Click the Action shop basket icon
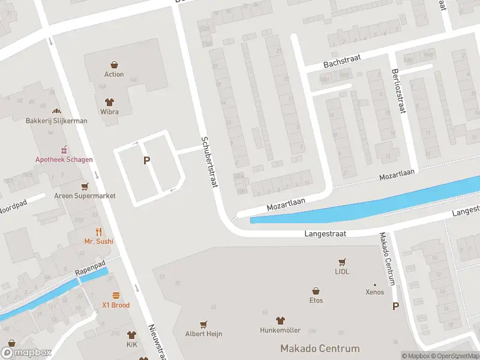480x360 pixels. [x=114, y=64]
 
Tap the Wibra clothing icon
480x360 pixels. [x=109, y=101]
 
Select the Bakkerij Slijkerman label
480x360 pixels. [x=56, y=121]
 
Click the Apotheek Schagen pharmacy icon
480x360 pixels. [x=63, y=149]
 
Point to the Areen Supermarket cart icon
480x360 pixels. [x=85, y=186]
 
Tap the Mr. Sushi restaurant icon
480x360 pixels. [x=99, y=232]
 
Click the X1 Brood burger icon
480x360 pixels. [x=116, y=295]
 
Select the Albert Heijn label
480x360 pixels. [x=203, y=333]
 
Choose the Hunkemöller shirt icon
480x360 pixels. [x=280, y=320]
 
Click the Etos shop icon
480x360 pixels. [x=316, y=290]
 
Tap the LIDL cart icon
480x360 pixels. [x=342, y=262]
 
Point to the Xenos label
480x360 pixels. [x=375, y=292]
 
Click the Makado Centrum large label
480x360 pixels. [x=320, y=349]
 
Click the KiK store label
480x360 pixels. [x=131, y=346]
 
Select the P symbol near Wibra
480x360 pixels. [x=146, y=160]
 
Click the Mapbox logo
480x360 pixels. [x=27, y=353]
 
